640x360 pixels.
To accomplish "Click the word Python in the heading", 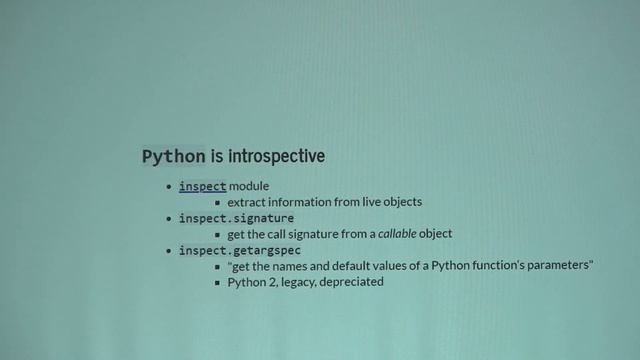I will click(174, 157).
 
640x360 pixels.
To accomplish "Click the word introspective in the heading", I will click(276, 157).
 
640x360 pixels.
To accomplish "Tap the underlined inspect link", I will click(203, 186).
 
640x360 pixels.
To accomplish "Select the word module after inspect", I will click(250, 186).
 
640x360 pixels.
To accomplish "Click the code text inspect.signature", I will click(236, 218).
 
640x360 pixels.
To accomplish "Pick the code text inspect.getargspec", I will click(240, 250).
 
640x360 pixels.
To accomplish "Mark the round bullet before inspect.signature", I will click(169, 218).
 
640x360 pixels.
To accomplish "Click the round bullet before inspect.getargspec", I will click(169, 250).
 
